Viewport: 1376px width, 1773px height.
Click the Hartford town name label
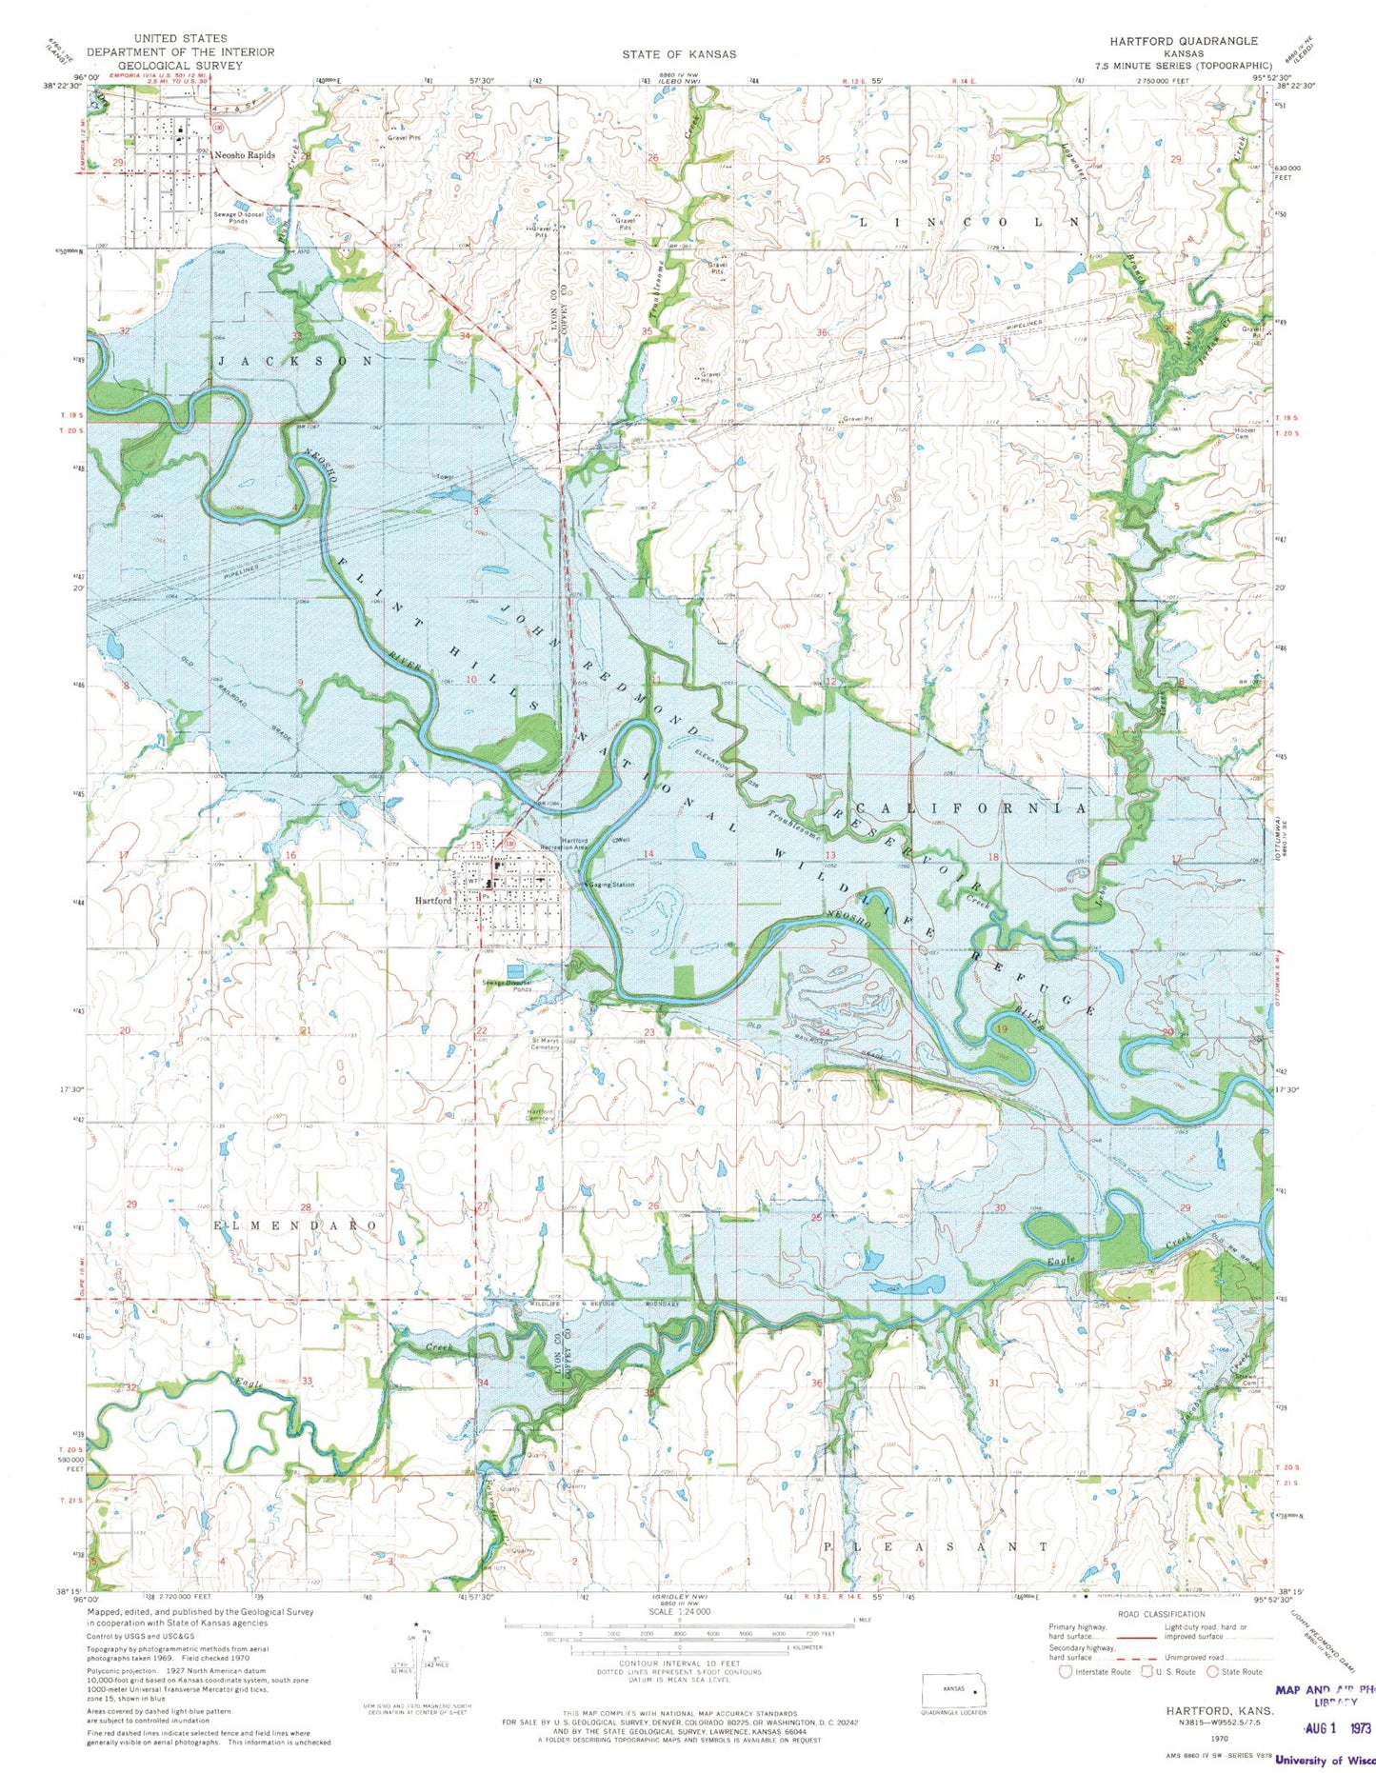click(431, 900)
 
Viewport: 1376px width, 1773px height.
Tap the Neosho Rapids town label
click(245, 154)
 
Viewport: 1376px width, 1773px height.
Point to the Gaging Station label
click(610, 885)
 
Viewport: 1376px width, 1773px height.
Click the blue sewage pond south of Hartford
click(514, 971)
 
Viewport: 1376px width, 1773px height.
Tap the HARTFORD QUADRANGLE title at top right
click(1183, 41)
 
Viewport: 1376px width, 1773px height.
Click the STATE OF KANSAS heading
click(679, 54)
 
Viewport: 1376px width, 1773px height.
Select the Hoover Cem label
click(1245, 432)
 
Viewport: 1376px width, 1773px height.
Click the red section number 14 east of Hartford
click(649, 853)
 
